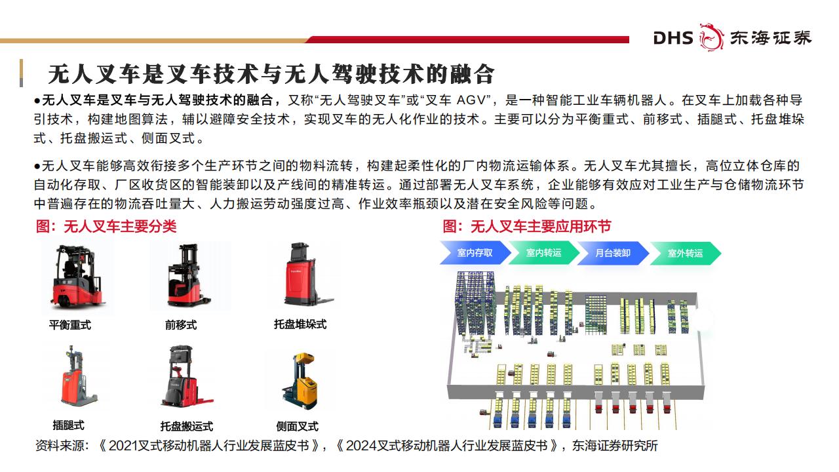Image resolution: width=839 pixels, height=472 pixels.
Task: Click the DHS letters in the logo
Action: coord(673,38)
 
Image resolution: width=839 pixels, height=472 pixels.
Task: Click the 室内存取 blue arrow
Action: coord(475,253)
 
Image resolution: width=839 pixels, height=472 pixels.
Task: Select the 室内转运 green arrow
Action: coord(544,253)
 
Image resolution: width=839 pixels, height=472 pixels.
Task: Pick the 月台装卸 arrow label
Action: coord(613,253)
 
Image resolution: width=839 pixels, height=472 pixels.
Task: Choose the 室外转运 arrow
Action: coord(686,253)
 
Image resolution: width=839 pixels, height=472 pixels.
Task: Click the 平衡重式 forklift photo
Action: coord(77,277)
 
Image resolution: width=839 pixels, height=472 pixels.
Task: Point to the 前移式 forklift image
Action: coord(188,276)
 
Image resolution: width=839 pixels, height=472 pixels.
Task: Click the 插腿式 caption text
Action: coord(69,425)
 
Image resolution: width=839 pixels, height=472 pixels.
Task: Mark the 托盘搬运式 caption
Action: coord(187,426)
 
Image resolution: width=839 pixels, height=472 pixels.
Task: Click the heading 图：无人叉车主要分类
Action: coord(106,226)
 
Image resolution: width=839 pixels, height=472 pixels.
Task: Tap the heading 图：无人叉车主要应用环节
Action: coord(527,226)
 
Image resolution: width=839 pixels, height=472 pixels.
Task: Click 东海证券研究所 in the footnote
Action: coord(615,446)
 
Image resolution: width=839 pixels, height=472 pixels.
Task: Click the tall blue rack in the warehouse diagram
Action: coord(475,304)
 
